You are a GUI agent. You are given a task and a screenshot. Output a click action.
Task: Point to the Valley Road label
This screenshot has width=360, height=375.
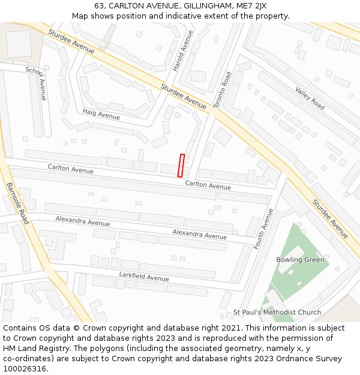pyautogui.click(x=310, y=98)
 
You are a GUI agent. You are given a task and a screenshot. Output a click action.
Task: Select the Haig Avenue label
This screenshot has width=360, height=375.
pyautogui.click(x=101, y=113)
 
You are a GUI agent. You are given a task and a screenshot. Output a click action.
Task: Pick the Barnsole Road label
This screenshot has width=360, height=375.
pyautogui.click(x=17, y=203)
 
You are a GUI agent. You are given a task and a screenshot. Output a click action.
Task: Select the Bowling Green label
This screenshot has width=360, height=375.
pyautogui.click(x=300, y=260)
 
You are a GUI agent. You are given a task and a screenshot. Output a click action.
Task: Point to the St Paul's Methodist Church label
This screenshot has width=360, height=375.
pyautogui.click(x=277, y=313)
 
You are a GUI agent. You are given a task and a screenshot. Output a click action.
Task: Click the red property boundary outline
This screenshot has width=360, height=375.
pyautogui.click(x=181, y=166)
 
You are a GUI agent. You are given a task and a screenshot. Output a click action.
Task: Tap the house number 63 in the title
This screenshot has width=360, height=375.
pyautogui.click(x=99, y=6)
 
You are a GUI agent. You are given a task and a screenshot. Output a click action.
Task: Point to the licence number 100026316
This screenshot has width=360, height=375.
pyautogui.click(x=26, y=369)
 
